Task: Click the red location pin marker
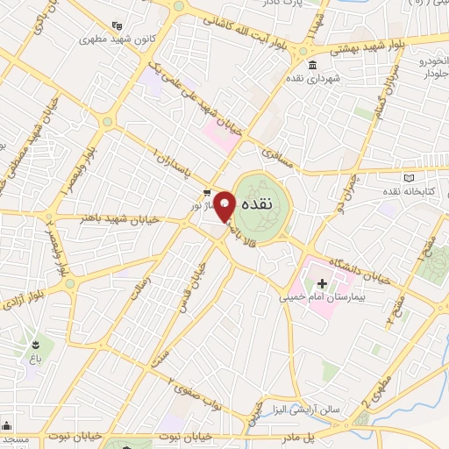(x=224, y=205)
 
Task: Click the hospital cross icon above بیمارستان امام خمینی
(x=321, y=283)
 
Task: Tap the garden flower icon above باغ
(x=35, y=343)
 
